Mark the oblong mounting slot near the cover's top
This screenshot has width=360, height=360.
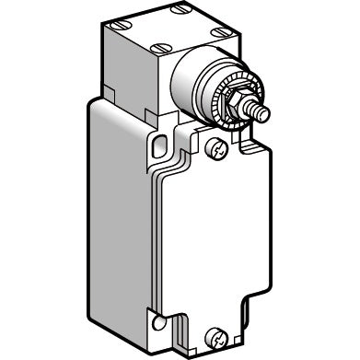(158, 143)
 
